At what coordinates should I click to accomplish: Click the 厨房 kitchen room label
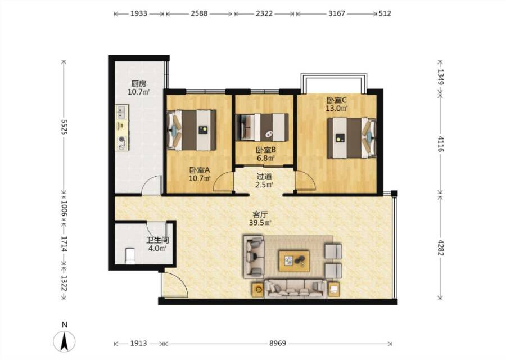(x=139, y=84)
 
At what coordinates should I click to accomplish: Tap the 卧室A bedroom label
(x=200, y=169)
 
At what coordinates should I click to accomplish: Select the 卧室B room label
(x=266, y=150)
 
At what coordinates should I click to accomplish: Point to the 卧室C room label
(x=336, y=100)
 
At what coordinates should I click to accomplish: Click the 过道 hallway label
(x=264, y=176)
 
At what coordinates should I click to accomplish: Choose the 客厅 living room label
(x=260, y=214)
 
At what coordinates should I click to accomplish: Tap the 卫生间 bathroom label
(x=157, y=240)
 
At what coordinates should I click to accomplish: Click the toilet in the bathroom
(x=130, y=255)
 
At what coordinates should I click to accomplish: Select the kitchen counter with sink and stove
(x=122, y=127)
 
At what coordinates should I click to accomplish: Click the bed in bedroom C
(x=352, y=138)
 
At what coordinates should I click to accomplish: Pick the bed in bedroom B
(x=262, y=127)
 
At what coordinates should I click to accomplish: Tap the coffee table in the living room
(x=294, y=260)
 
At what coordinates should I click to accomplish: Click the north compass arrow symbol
(x=65, y=341)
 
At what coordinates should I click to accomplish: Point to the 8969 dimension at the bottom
(x=278, y=344)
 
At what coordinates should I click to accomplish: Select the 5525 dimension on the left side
(x=65, y=127)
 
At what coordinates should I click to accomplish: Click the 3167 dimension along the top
(x=337, y=13)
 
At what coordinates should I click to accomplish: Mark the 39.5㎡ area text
(x=260, y=222)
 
